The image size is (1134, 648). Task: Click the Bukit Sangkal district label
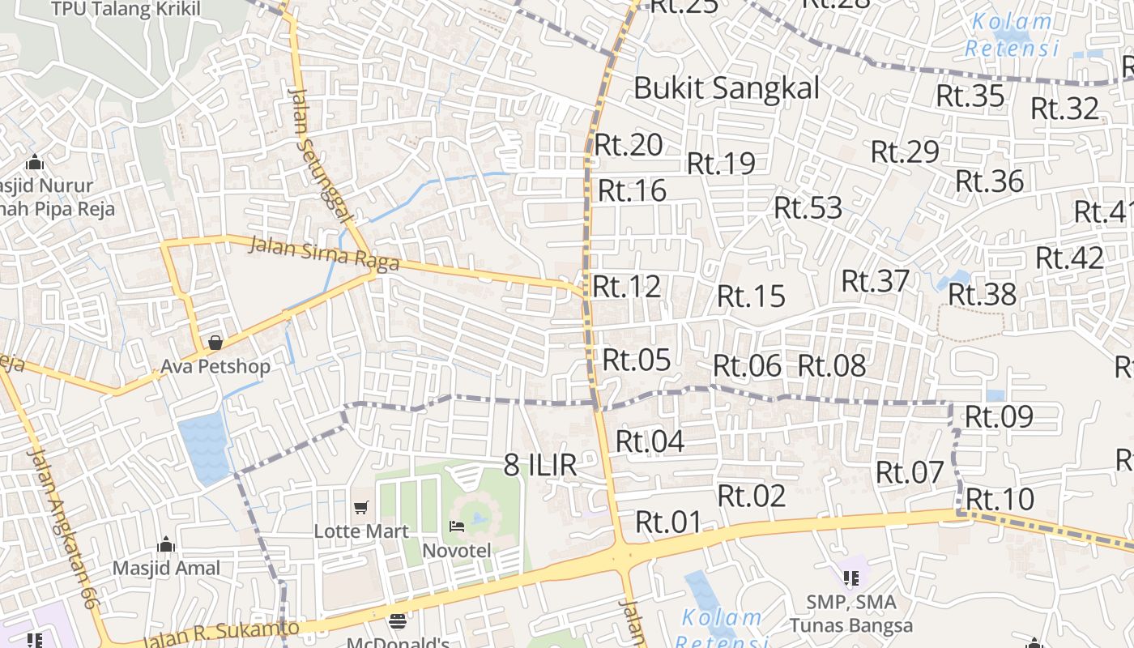[727, 87]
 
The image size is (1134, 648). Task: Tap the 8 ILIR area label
[540, 465]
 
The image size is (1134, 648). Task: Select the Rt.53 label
[808, 208]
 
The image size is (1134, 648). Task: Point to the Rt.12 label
[626, 287]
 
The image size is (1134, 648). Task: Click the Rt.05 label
[637, 360]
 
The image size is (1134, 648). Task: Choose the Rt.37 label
[876, 281]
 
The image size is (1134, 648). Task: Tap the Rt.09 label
[999, 417]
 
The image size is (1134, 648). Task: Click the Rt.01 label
[668, 522]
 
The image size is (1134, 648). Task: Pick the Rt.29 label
[905, 151]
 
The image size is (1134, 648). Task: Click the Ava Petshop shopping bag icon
[215, 343]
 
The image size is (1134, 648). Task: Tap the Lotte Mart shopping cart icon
[361, 508]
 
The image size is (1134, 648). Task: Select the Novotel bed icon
[457, 526]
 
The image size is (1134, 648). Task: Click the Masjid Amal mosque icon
[166, 544]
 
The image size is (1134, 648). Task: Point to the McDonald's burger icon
[397, 621]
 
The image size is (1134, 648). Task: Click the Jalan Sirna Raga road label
[324, 253]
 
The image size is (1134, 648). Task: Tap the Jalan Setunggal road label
[320, 155]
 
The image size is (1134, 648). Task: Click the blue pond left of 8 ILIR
[205, 448]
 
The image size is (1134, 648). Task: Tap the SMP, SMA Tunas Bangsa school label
[851, 614]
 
